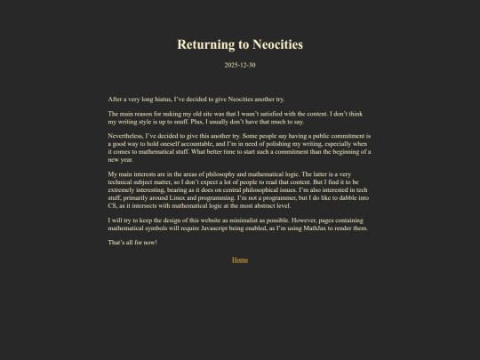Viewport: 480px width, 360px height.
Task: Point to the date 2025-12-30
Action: [240, 65]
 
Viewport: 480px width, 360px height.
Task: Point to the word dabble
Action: [342, 196]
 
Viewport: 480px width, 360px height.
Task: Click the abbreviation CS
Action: [113, 204]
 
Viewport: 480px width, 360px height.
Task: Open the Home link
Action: [240, 260]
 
